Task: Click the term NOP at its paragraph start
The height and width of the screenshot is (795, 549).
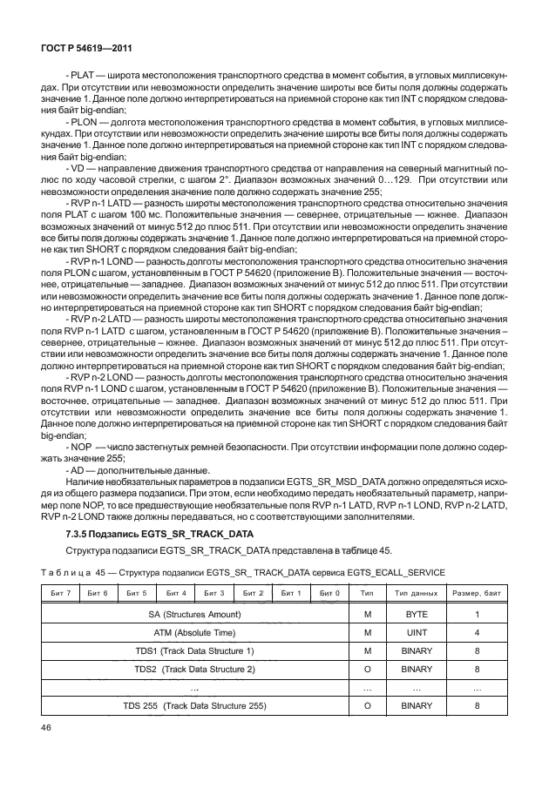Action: click(85, 446)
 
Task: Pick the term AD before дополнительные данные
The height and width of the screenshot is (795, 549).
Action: click(80, 469)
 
